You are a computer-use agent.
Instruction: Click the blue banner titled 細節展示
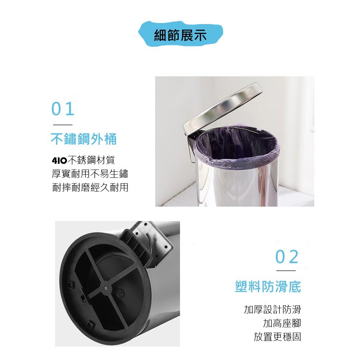[x=181, y=34]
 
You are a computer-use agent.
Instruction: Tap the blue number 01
[x=63, y=109]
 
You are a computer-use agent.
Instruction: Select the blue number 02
[x=287, y=257]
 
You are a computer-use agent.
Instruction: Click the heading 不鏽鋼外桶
[x=84, y=139]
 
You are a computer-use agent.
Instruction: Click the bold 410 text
[x=59, y=160]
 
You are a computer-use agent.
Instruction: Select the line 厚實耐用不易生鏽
[x=90, y=174]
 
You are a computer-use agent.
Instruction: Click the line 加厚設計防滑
[x=273, y=309]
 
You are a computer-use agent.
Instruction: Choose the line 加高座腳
[x=282, y=323]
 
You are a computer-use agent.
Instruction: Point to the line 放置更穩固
[x=277, y=337]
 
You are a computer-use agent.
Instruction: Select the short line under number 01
[x=63, y=125]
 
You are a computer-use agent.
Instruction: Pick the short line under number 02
[x=286, y=271]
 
